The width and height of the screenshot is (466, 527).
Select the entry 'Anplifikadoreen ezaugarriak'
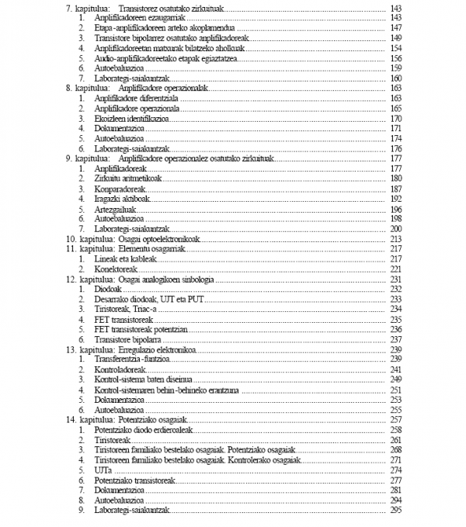pyautogui.click(x=137, y=17)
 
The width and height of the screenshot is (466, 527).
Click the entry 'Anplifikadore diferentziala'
pyautogui.click(x=136, y=99)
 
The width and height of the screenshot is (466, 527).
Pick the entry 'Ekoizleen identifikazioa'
pyautogui.click(x=130, y=119)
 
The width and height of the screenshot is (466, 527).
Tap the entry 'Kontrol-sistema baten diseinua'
pyautogui.click(x=144, y=380)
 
